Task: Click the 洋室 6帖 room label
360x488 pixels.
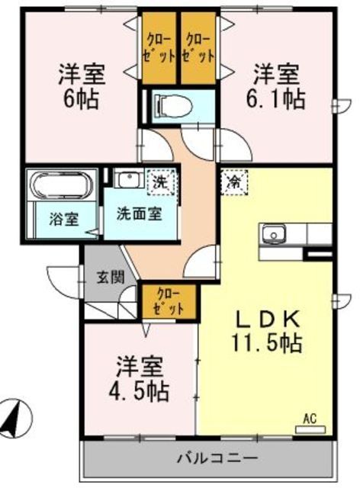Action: click(x=80, y=86)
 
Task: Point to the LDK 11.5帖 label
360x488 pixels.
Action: click(x=268, y=330)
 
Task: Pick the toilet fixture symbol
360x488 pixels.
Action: click(x=169, y=105)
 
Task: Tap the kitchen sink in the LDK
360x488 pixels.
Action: click(x=273, y=233)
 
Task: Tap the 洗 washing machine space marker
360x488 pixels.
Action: click(x=161, y=182)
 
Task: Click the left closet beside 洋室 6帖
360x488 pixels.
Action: click(x=159, y=49)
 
